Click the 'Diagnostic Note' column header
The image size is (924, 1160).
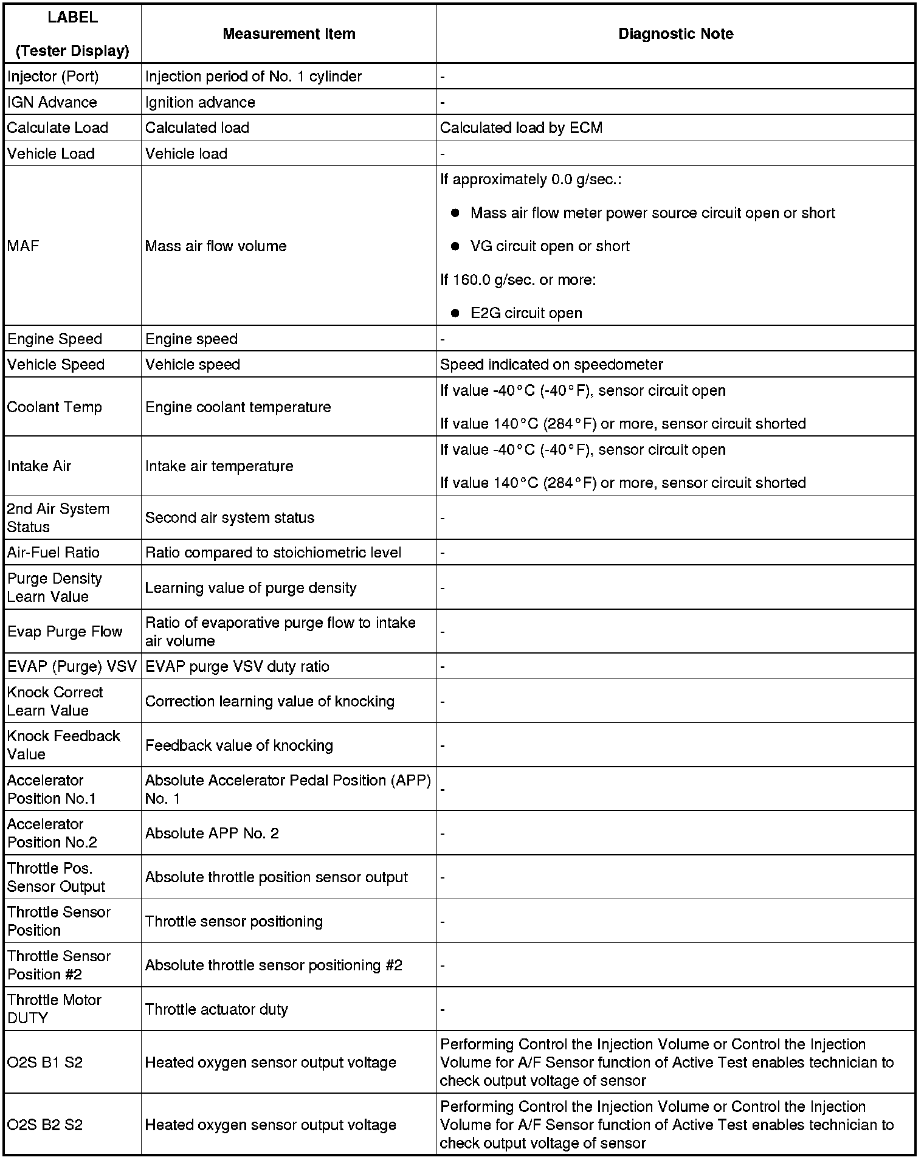[675, 34]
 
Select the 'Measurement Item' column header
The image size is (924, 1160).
[289, 34]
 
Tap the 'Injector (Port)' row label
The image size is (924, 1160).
[53, 77]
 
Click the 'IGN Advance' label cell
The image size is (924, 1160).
[52, 102]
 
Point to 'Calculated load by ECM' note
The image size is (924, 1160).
[521, 128]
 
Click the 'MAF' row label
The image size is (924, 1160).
[23, 246]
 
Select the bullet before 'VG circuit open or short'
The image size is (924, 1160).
[455, 246]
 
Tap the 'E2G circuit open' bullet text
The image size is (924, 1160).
[526, 313]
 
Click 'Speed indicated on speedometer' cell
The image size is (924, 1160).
[551, 364]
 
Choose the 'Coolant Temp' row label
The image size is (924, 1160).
[54, 407]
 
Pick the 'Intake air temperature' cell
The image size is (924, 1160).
[219, 466]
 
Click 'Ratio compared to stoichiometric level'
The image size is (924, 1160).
[273, 553]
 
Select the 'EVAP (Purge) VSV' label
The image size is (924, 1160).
[72, 666]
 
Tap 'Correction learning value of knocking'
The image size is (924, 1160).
[269, 701]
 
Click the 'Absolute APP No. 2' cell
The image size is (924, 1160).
[212, 833]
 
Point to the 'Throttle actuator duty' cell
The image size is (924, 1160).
[216, 1009]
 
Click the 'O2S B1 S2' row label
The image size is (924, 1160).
[45, 1062]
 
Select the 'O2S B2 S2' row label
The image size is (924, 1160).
[45, 1125]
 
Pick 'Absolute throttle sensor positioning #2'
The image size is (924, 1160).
[274, 965]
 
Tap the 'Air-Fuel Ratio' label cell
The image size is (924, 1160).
[53, 553]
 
